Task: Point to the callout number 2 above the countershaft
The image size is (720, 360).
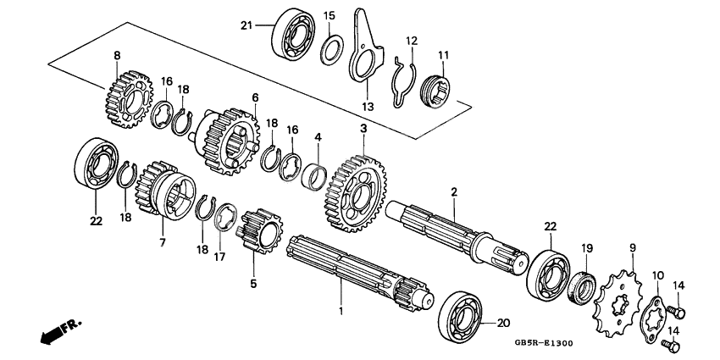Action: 454,193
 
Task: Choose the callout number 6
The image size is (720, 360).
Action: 254,97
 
